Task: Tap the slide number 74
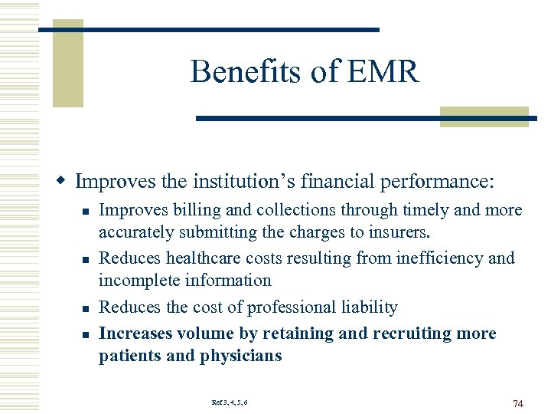pyautogui.click(x=517, y=403)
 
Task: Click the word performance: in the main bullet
pyautogui.click(x=445, y=182)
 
